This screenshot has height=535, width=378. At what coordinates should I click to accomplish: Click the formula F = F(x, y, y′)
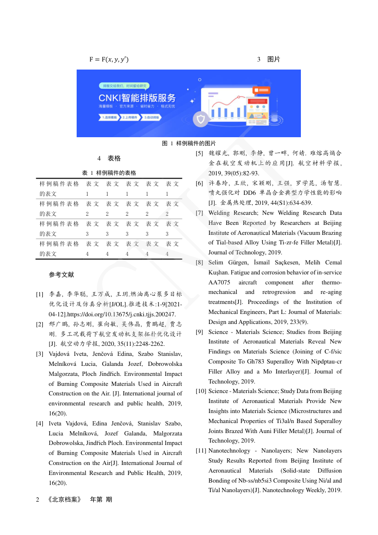(x=109, y=60)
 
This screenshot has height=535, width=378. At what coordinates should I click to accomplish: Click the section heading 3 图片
(x=269, y=60)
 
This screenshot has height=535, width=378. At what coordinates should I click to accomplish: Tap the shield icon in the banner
(x=201, y=119)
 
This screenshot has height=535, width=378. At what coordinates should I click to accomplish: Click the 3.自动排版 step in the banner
(x=152, y=117)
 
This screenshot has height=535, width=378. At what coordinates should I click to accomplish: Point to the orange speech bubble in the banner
(x=261, y=90)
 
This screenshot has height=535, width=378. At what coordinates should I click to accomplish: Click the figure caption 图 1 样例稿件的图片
(x=189, y=143)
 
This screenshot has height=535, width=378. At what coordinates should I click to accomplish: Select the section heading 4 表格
(x=109, y=158)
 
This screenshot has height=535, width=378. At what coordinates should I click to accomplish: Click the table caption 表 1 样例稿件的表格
(x=109, y=173)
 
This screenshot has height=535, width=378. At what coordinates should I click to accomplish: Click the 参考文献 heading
(x=61, y=275)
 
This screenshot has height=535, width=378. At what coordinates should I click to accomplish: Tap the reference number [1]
(x=40, y=294)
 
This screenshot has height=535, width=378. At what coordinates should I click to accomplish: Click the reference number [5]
(x=200, y=153)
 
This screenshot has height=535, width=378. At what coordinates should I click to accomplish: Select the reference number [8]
(x=200, y=262)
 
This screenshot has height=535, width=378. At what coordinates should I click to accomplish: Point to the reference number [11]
(x=201, y=451)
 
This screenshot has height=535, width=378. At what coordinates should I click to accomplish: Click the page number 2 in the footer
(x=38, y=500)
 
